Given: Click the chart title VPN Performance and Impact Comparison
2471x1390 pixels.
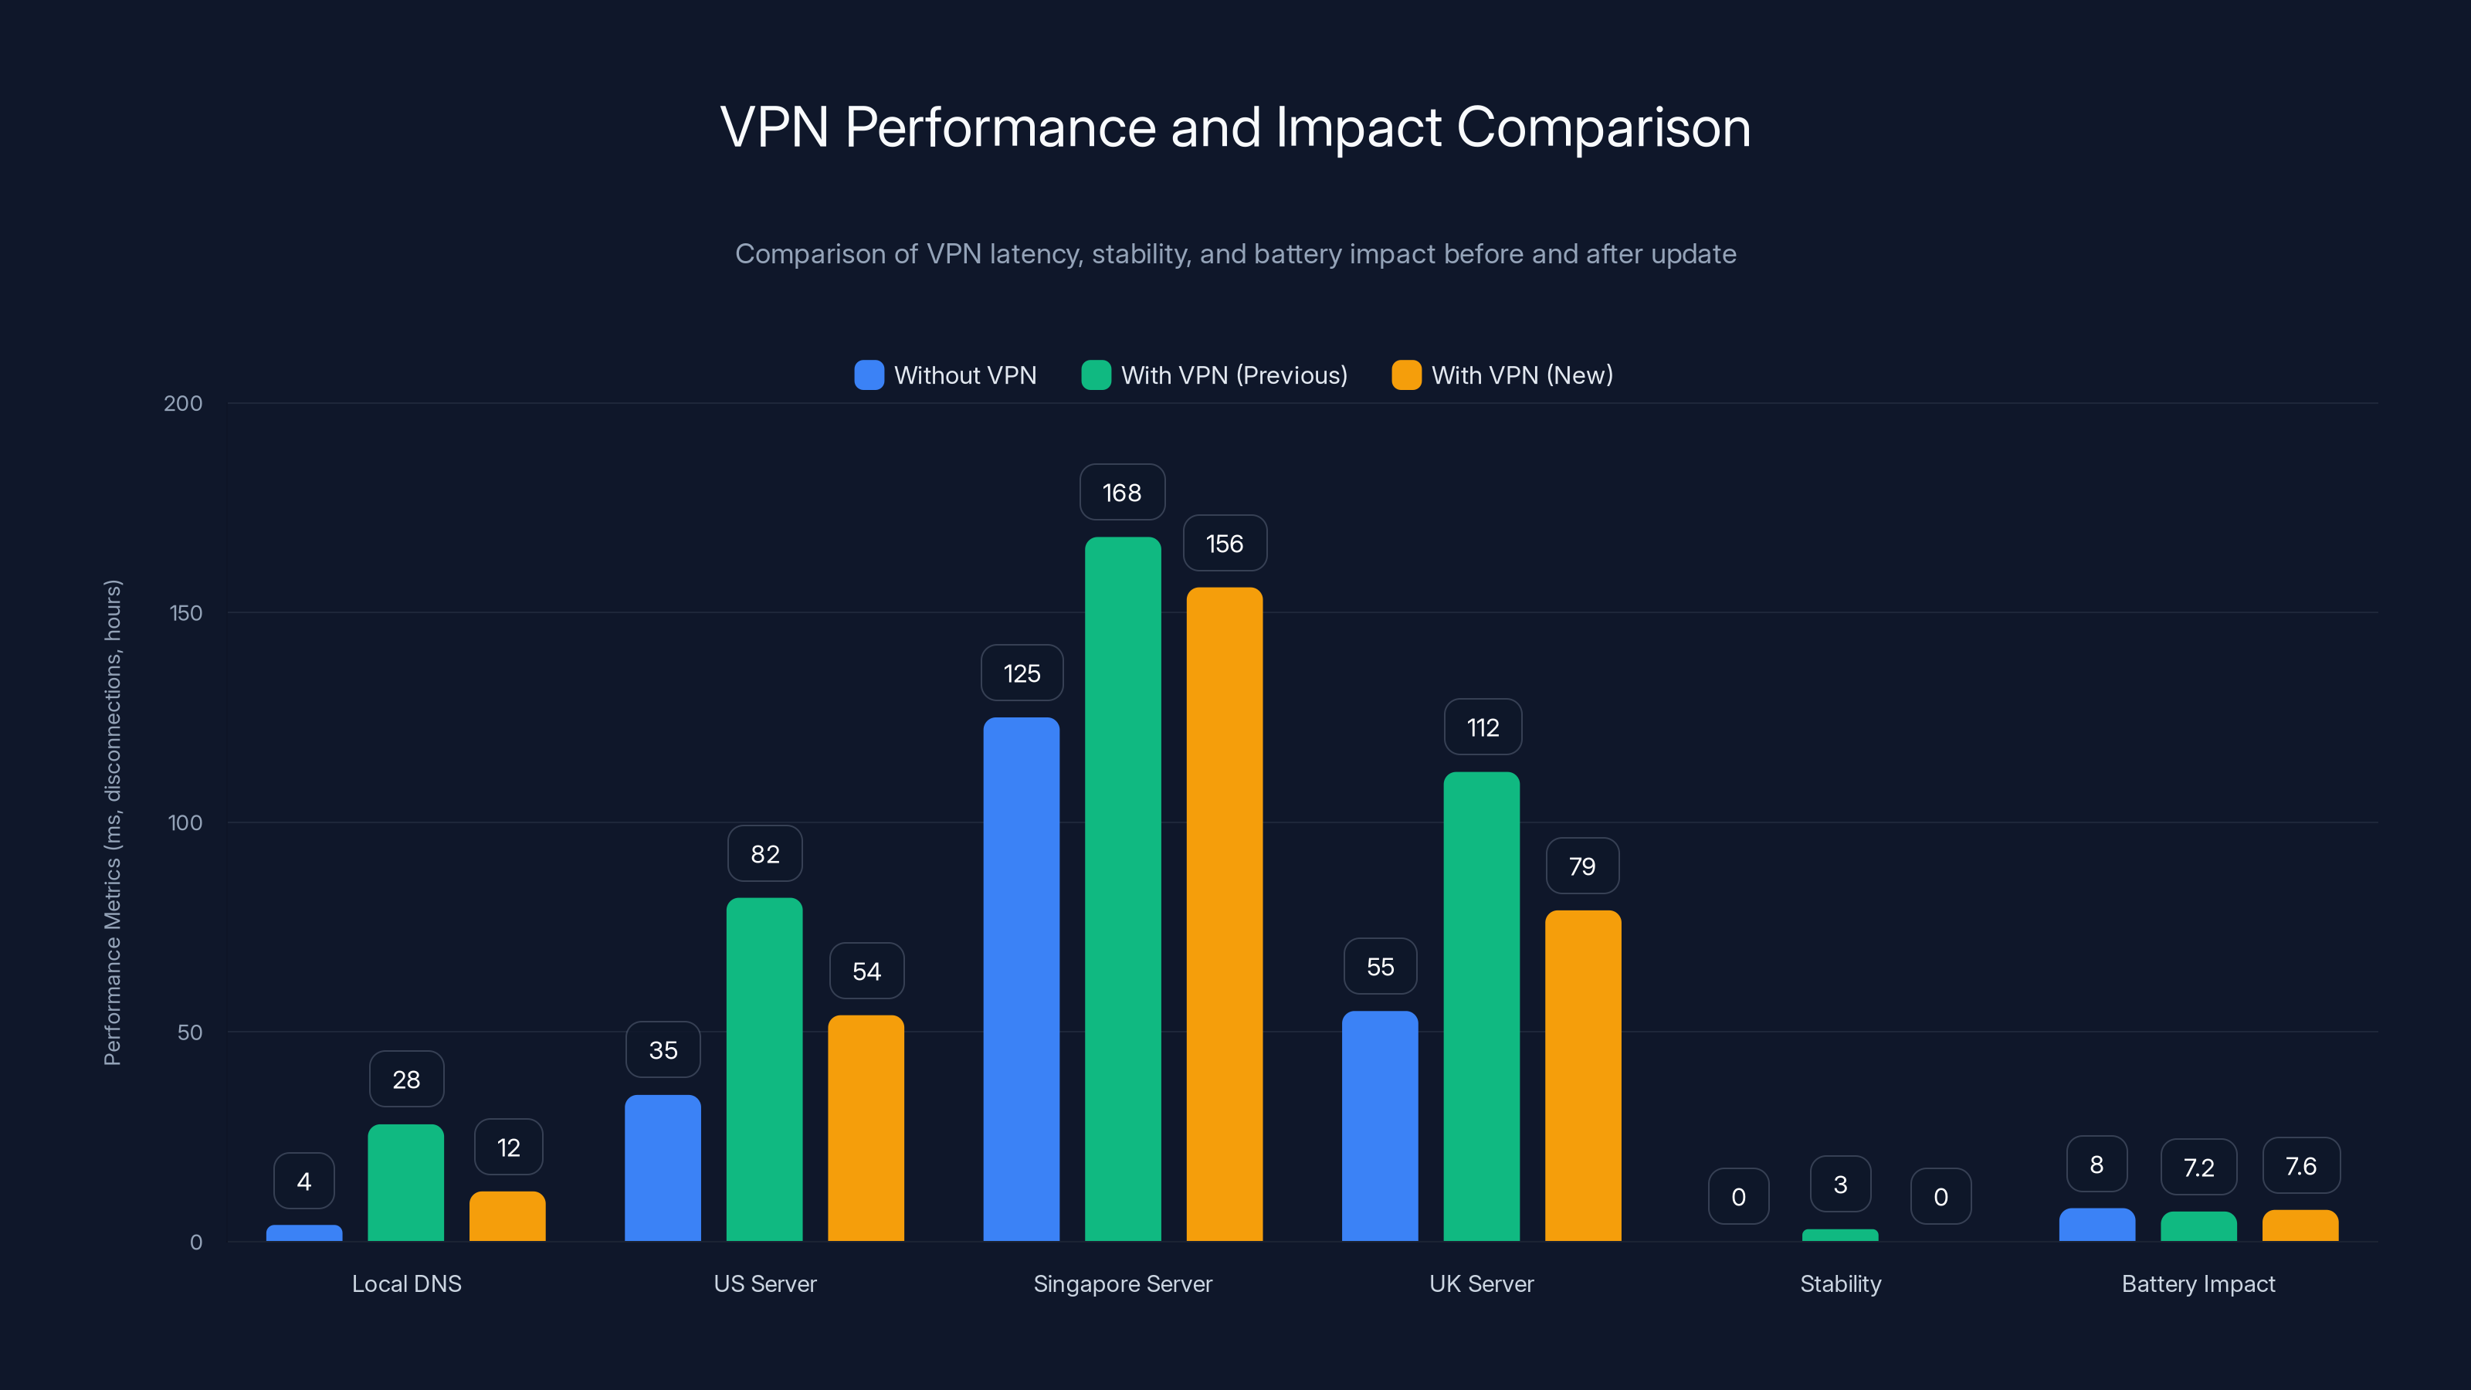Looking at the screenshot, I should click(1235, 127).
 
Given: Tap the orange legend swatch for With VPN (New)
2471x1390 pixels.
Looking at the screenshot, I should click(1405, 375).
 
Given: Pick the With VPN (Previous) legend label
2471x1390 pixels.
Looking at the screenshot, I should click(1234, 375).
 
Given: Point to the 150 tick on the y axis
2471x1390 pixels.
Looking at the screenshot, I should click(186, 613).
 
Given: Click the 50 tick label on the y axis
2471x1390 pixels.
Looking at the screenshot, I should click(190, 1032).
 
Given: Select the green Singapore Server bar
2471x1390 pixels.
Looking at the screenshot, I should click(1122, 888).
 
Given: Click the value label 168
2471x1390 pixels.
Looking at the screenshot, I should click(1121, 493).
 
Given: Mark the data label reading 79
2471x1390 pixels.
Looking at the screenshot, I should click(1581, 866).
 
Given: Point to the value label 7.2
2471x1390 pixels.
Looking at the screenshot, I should click(2198, 1168).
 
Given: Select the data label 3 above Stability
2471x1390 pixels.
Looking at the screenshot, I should click(1840, 1185).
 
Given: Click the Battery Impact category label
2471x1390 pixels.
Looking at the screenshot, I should click(2198, 1283).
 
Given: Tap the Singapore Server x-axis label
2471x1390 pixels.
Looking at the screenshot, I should click(1122, 1283).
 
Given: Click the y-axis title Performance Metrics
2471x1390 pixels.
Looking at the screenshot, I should click(112, 822).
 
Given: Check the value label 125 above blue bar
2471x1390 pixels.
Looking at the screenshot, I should click(1022, 673).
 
